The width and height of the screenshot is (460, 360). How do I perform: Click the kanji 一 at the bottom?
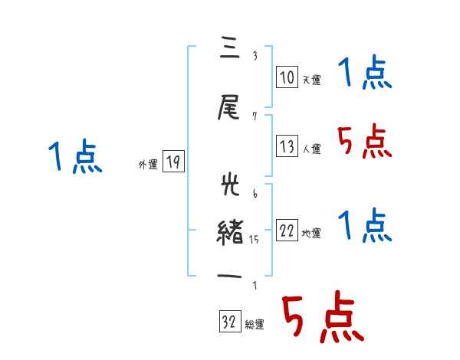coord(230,277)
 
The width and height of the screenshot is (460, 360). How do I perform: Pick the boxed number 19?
coord(173,162)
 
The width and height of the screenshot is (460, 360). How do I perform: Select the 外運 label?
coord(147,164)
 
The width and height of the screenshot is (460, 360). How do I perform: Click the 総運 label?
coord(255,325)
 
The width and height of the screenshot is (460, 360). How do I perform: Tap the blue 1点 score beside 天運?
coord(364,74)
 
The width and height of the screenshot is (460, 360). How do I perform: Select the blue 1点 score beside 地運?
coord(364,226)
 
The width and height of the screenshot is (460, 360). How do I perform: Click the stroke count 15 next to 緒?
coord(255,240)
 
